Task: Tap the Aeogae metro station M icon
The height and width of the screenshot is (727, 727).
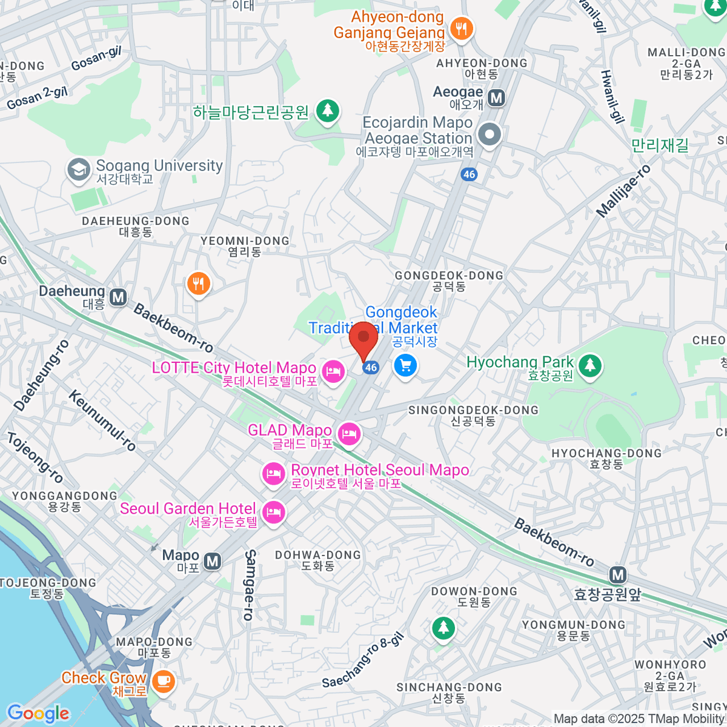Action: [x=497, y=98]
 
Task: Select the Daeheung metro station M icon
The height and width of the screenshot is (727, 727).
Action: [x=118, y=297]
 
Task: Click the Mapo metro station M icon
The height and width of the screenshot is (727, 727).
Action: [x=212, y=562]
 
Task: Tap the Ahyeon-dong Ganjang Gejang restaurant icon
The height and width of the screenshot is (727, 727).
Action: [x=462, y=28]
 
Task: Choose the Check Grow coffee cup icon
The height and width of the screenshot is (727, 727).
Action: [x=162, y=681]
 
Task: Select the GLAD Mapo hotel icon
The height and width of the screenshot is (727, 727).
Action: [x=349, y=434]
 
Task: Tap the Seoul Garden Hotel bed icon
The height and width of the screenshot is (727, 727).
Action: [x=274, y=513]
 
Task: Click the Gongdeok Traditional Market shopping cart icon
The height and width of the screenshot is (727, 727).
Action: [x=405, y=365]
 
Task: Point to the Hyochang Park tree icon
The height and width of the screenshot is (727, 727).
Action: [x=589, y=365]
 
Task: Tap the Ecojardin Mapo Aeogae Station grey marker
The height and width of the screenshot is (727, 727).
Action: [x=490, y=134]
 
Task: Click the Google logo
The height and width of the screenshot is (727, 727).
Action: [x=38, y=713]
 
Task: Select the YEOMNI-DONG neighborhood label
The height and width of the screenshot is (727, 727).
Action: [x=245, y=241]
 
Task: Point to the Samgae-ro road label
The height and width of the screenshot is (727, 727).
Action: [x=250, y=585]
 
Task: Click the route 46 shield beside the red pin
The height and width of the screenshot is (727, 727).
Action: [x=371, y=367]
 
